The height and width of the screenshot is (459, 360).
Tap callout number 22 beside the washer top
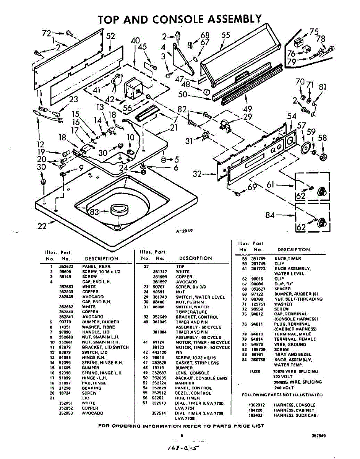coord(42,226)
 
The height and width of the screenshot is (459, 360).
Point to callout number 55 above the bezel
coord(226,35)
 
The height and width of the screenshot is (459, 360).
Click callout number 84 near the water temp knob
coord(270,215)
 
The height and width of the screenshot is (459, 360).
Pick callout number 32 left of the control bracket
coord(197,174)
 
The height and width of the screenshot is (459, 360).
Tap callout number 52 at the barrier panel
coord(110,36)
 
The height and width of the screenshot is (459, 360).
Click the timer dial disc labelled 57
coord(305,148)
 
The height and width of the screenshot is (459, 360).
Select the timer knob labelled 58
coord(324,156)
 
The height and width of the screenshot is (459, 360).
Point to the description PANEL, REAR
coord(96,267)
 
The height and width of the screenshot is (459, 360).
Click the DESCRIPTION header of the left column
coord(101,259)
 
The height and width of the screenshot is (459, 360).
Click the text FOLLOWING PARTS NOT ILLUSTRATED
coord(282,395)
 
